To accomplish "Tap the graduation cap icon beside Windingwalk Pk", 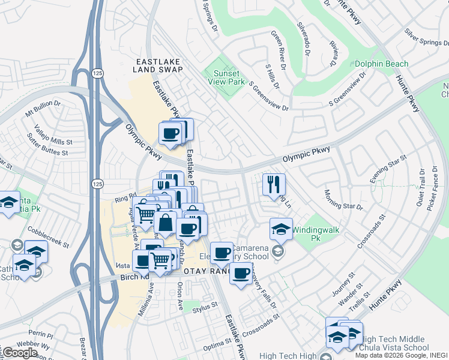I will tap(280, 229).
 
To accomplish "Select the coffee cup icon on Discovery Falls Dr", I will tap(241, 274).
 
